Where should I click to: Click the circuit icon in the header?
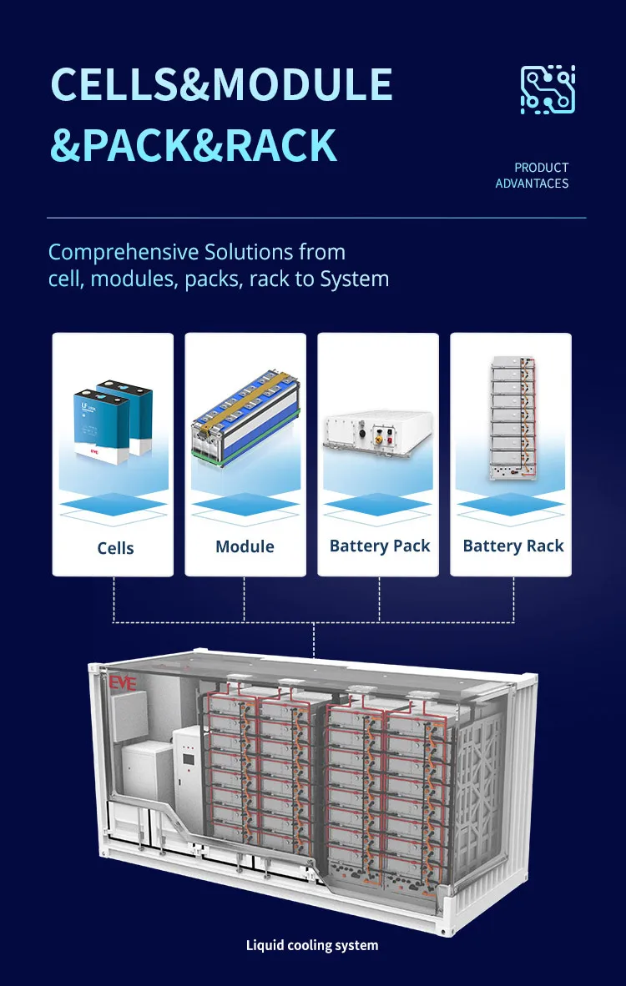548,89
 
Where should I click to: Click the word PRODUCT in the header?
541,168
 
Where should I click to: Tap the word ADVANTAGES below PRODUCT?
532,184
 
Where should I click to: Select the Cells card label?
115,548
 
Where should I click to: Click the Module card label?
245,546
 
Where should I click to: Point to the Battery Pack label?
380,546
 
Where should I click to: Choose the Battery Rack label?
513,546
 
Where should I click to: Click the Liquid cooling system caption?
312,945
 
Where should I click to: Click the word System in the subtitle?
355,279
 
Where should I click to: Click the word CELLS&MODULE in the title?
221,85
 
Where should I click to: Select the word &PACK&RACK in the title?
193,144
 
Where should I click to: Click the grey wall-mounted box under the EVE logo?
129,717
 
